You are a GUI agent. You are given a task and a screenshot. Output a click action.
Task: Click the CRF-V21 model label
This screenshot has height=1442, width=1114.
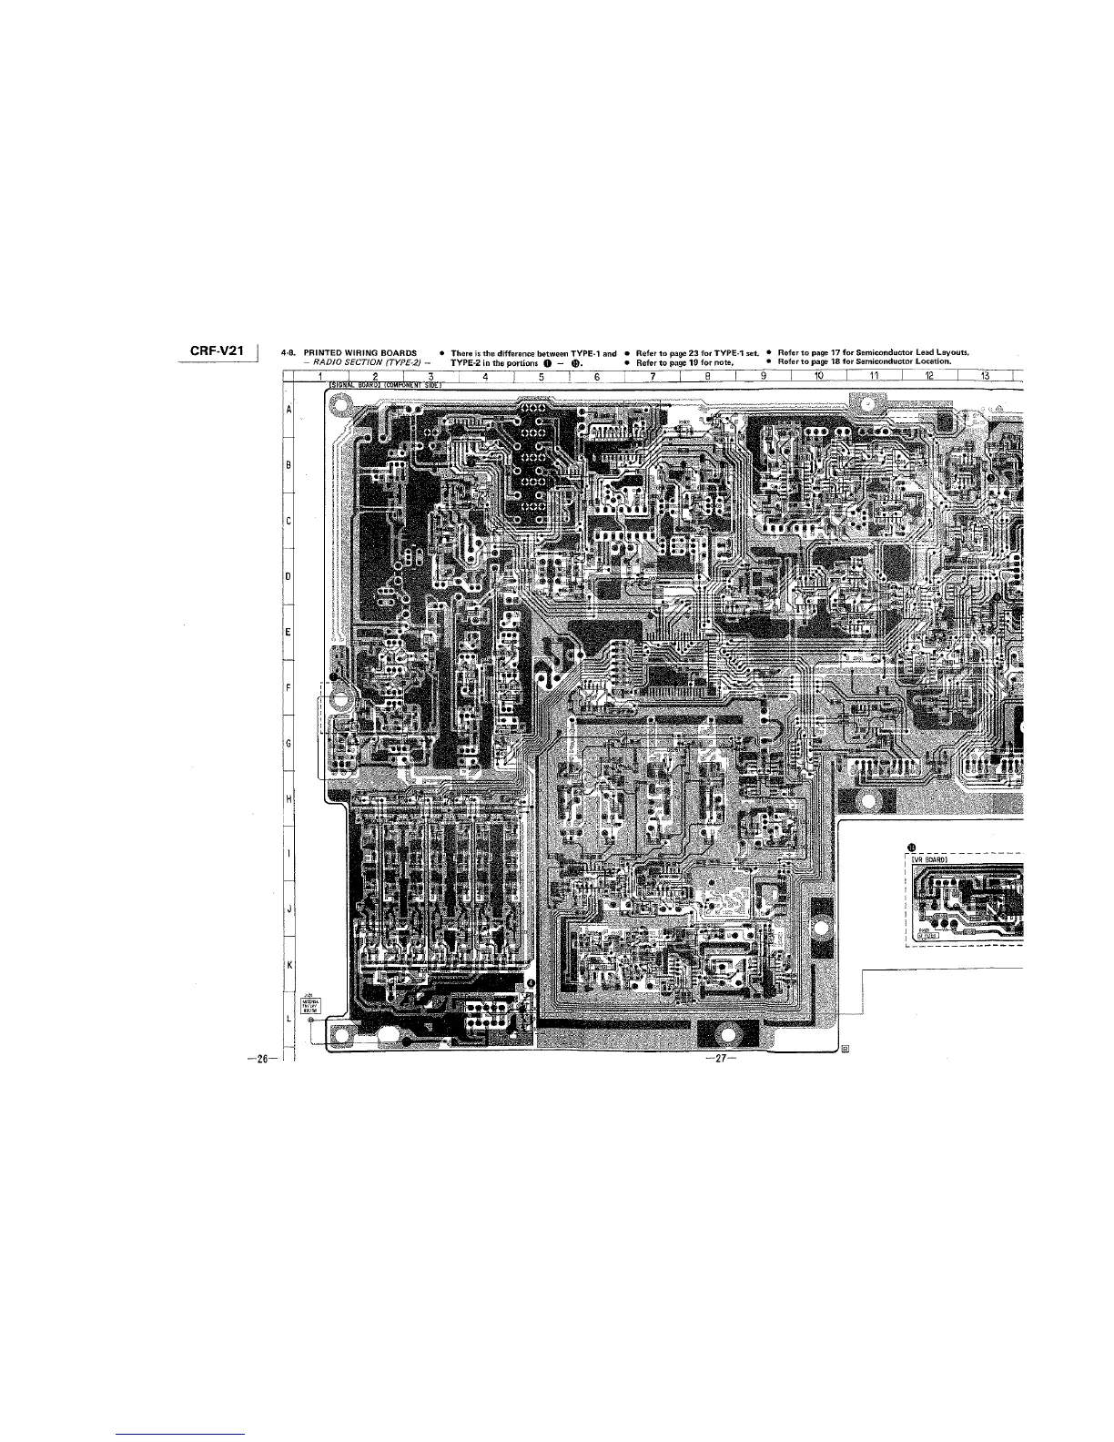222,352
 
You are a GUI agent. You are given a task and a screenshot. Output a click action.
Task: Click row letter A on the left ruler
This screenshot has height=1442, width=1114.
288,410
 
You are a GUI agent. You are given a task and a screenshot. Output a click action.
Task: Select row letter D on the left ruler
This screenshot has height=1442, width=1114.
288,577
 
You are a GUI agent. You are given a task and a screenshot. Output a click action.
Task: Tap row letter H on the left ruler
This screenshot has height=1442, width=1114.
288,798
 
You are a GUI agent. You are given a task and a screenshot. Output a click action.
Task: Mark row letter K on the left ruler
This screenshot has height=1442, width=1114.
288,964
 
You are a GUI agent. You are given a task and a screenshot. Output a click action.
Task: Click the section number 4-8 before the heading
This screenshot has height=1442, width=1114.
289,353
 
